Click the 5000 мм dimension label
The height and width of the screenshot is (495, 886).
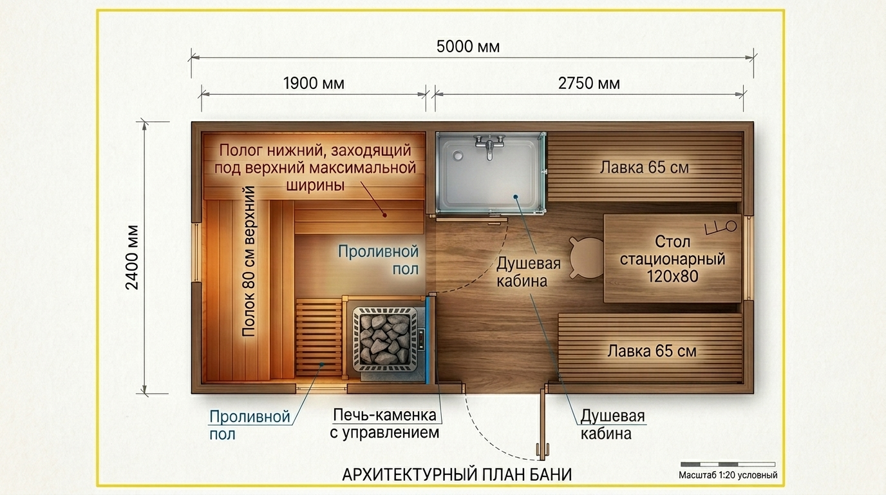point(468,46)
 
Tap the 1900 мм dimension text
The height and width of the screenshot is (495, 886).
point(314,84)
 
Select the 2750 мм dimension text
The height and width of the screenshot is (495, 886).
point(589,84)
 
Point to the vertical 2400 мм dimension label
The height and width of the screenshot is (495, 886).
point(132,257)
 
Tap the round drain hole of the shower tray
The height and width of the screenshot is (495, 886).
point(458,155)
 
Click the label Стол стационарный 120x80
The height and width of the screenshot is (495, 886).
point(672,258)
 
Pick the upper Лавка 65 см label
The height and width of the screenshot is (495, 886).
point(645,168)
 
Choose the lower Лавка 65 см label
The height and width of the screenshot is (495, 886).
point(652,351)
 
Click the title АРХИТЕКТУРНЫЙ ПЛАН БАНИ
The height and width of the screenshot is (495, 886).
point(457,474)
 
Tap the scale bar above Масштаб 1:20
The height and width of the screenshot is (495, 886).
point(728,464)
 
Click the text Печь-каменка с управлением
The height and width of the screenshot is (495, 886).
point(384,423)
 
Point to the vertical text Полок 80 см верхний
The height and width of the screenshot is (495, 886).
point(249,262)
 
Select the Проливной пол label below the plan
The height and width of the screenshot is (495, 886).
point(250,425)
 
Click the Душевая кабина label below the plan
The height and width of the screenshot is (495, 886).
point(612,425)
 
